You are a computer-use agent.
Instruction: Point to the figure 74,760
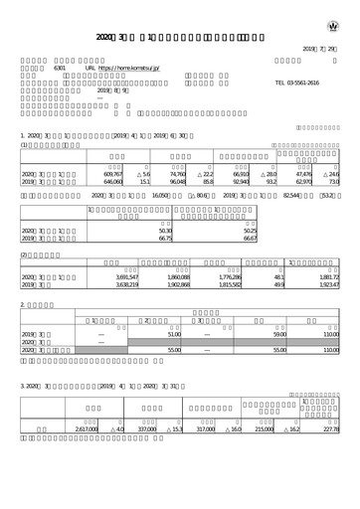coord(173,174)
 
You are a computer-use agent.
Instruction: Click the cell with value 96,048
coord(173,183)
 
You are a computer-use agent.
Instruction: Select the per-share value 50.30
coord(165,231)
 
